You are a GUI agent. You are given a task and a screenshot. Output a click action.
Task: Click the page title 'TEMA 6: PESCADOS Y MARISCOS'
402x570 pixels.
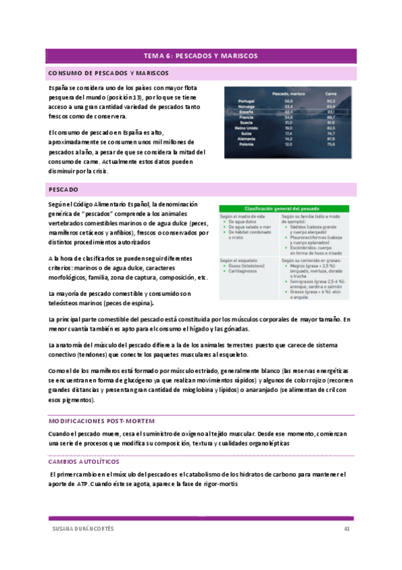[x=201, y=56]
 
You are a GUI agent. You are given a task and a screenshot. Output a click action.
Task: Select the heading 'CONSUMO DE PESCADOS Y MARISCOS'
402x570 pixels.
[x=108, y=73]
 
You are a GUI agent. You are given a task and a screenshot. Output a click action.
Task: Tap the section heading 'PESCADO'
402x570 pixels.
[x=64, y=190]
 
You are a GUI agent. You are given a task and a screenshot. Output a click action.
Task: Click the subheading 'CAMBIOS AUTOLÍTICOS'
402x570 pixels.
[x=84, y=462]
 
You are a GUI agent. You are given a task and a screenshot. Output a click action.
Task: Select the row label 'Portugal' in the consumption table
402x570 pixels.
[x=246, y=101]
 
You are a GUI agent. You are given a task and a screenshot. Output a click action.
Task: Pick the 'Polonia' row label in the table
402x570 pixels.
[x=245, y=144]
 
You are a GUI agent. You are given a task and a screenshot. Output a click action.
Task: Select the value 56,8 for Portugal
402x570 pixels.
[x=289, y=101]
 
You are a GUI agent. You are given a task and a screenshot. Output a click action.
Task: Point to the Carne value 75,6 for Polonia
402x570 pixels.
[x=331, y=144]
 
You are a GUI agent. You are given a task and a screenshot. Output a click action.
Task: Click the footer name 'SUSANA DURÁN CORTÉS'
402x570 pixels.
[x=83, y=528]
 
